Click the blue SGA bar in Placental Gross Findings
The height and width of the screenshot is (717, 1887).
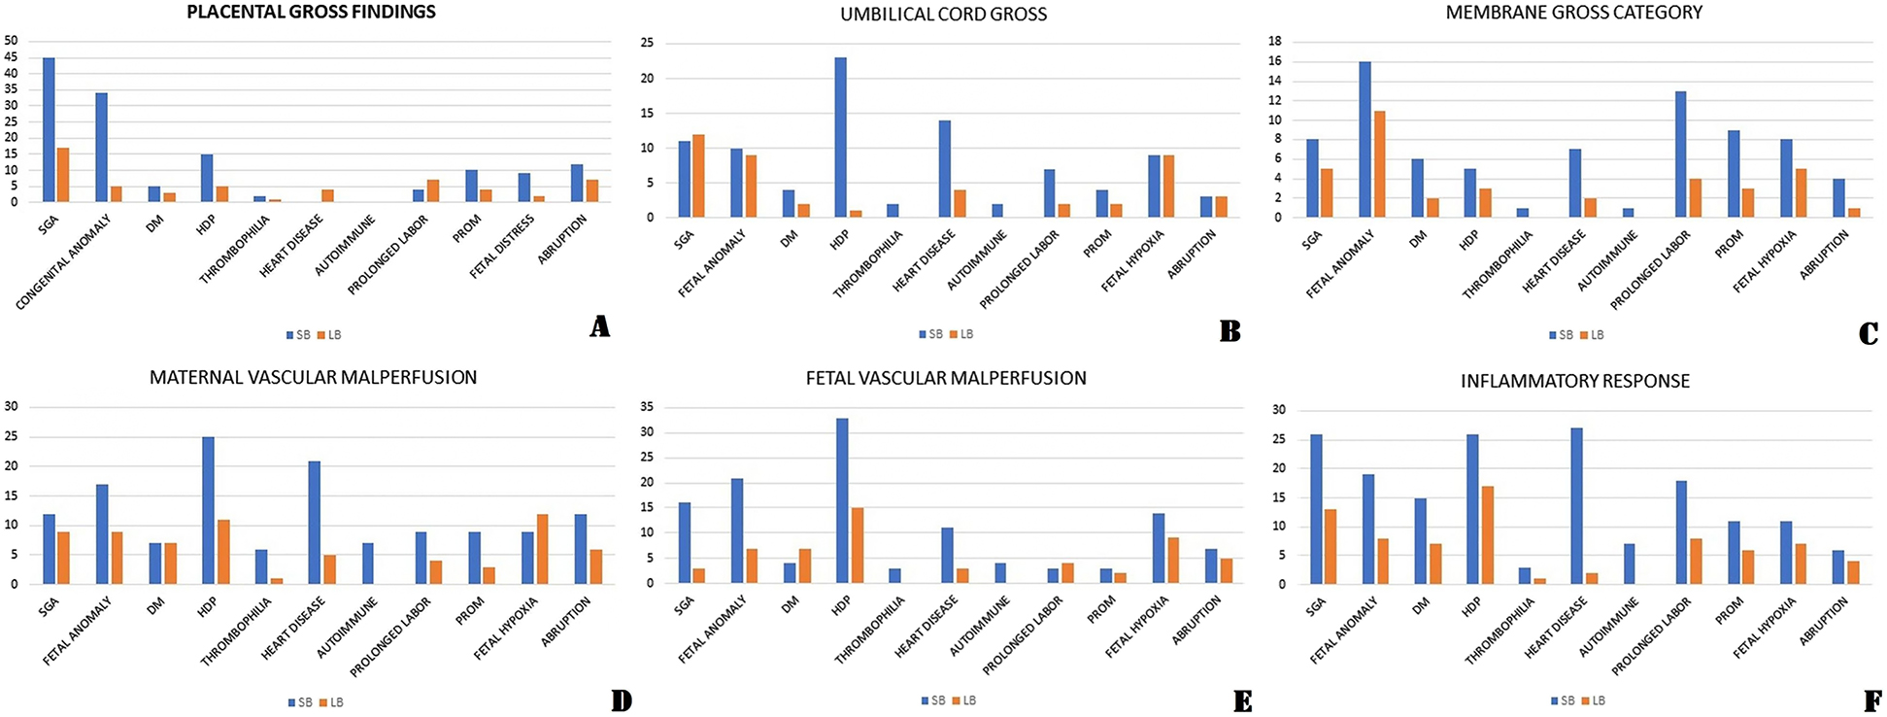coord(49,130)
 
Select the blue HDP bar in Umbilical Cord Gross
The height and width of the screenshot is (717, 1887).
coord(840,137)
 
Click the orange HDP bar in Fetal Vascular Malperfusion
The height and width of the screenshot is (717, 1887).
coord(858,545)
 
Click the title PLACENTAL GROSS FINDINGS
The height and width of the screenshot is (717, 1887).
coord(311,13)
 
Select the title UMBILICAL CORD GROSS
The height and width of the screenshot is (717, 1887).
coord(943,15)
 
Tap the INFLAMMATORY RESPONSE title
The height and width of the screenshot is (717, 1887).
coord(1574,382)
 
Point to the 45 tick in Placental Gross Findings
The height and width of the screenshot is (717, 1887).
coord(11,57)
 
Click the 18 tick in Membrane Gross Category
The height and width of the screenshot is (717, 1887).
coord(1276,41)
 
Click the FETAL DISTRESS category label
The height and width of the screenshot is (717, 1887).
coord(502,247)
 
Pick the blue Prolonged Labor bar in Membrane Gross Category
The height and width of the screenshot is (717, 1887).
coord(1680,154)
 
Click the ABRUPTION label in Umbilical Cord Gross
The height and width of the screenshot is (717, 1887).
coord(1192,256)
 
